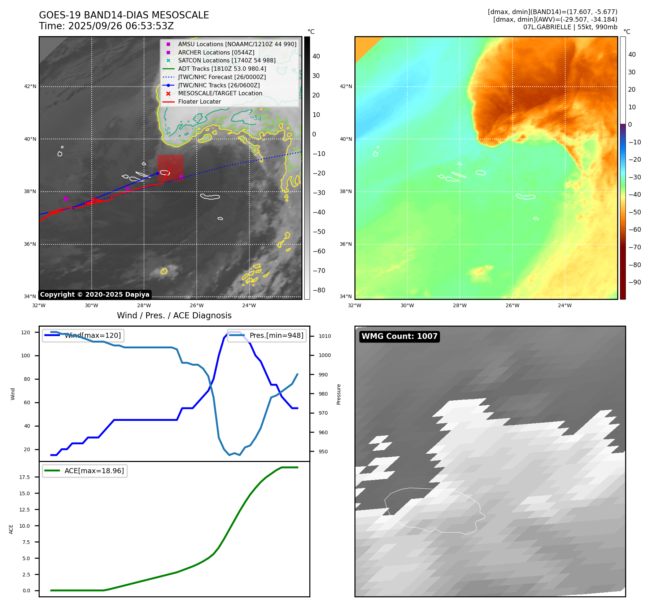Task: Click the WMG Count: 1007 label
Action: pyautogui.click(x=399, y=336)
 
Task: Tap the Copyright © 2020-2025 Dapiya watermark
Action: pyautogui.click(x=95, y=295)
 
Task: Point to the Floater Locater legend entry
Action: pyautogui.click(x=199, y=102)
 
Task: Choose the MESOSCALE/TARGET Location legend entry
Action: pyautogui.click(x=220, y=93)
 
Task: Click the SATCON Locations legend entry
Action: pyautogui.click(x=226, y=61)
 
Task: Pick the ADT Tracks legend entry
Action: pyautogui.click(x=222, y=69)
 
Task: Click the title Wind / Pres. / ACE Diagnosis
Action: pyautogui.click(x=174, y=315)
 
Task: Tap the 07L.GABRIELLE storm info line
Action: pyautogui.click(x=570, y=27)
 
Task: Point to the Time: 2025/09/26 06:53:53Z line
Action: pyautogui.click(x=106, y=26)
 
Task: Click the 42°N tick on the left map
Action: pyautogui.click(x=30, y=87)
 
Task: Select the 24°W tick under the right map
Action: pyautogui.click(x=564, y=305)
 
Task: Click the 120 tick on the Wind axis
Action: pyautogui.click(x=26, y=332)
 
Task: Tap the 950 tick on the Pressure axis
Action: pyautogui.click(x=323, y=452)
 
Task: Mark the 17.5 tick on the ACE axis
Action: pyautogui.click(x=25, y=477)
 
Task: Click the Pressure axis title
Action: pyautogui.click(x=339, y=394)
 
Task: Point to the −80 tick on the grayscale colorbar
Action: pyautogui.click(x=319, y=290)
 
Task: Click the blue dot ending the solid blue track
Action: pyautogui.click(x=157, y=174)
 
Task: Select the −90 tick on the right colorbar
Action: pyautogui.click(x=634, y=282)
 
